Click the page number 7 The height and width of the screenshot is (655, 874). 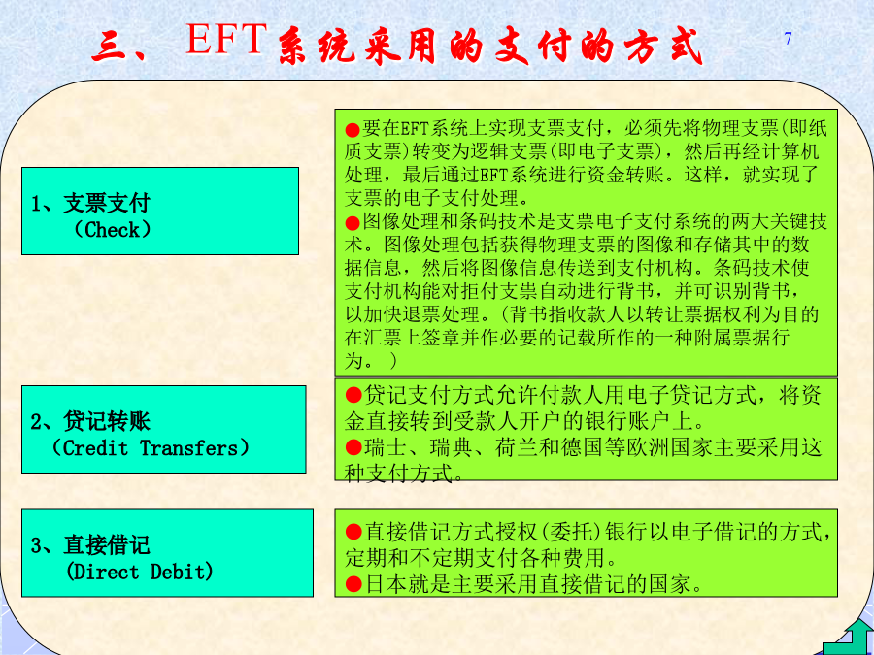click(788, 39)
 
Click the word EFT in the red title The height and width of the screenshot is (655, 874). click(225, 39)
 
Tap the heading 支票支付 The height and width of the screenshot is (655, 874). click(107, 204)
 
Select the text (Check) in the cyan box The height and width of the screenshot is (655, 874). click(112, 229)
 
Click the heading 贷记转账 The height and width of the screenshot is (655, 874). click(107, 422)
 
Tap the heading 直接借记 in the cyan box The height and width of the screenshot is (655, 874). click(107, 545)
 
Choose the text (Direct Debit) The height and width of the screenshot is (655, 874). click(139, 572)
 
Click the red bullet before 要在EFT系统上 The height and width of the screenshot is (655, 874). click(353, 131)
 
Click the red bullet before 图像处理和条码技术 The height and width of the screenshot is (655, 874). click(353, 224)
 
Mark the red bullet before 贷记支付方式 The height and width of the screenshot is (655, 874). click(353, 396)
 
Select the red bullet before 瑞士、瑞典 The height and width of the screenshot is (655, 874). click(353, 446)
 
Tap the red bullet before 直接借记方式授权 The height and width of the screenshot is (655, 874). click(353, 532)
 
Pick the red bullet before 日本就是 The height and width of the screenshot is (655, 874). click(353, 584)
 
